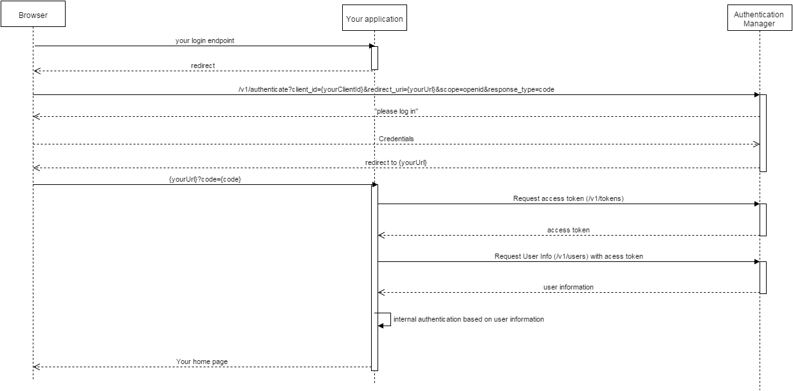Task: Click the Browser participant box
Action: (x=33, y=13)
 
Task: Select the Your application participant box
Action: (x=374, y=18)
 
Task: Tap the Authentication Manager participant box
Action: (x=760, y=18)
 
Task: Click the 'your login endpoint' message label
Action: (x=205, y=40)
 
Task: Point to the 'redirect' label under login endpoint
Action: (x=203, y=65)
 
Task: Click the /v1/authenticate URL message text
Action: (x=396, y=89)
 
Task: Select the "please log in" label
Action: (x=396, y=111)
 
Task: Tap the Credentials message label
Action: (x=396, y=139)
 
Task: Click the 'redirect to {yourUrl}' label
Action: (x=396, y=162)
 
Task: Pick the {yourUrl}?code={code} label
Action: (x=205, y=179)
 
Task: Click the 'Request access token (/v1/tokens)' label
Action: (x=569, y=198)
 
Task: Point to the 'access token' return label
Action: (x=569, y=230)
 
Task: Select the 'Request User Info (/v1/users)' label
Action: (x=569, y=256)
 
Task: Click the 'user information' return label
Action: (x=569, y=288)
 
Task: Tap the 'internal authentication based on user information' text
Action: (x=469, y=319)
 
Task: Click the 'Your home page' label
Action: (x=202, y=361)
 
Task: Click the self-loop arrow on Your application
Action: (x=390, y=319)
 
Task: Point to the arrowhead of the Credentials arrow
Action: (x=756, y=144)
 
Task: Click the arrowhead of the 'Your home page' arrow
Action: (x=37, y=367)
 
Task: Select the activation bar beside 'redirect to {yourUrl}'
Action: (x=763, y=133)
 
